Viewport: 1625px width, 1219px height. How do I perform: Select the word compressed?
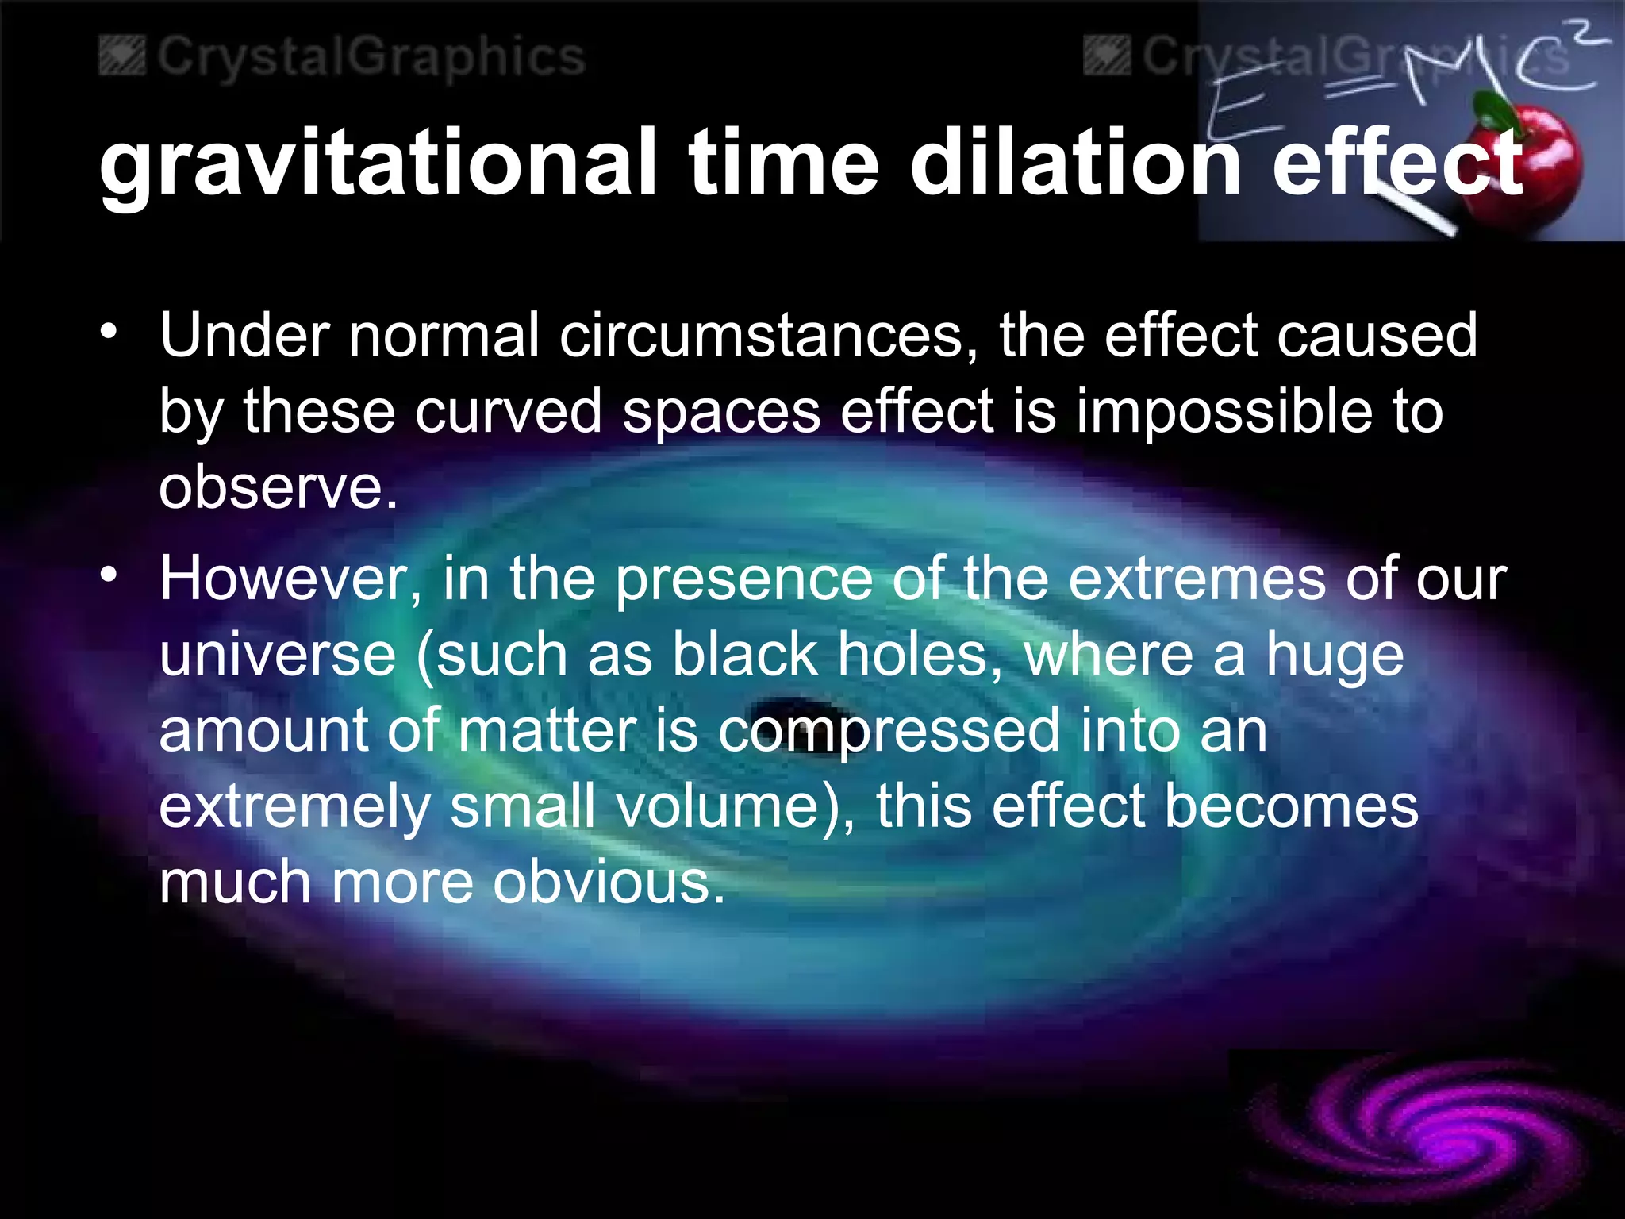[x=889, y=732]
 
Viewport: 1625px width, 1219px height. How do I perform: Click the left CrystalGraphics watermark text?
[x=370, y=58]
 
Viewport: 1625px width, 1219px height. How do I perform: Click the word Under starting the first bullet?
[x=244, y=335]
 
